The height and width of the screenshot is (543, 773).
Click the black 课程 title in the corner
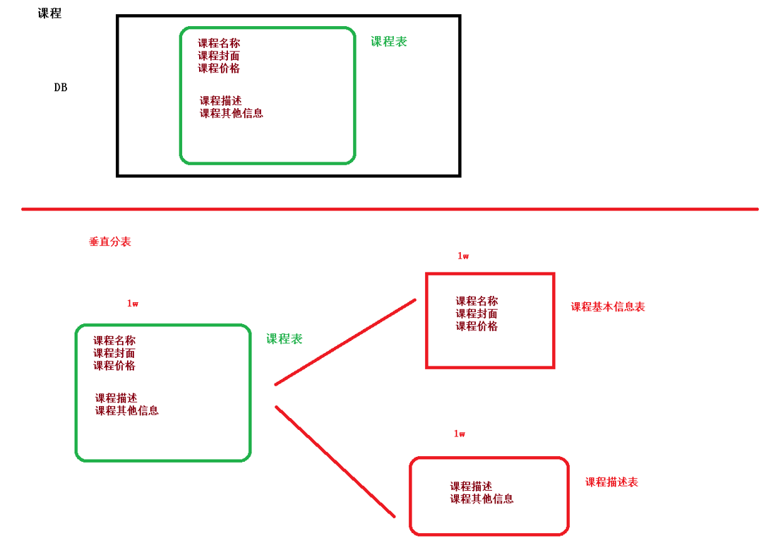(x=49, y=13)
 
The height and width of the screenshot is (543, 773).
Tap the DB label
(x=61, y=88)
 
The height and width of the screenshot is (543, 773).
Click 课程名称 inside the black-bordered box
(x=219, y=43)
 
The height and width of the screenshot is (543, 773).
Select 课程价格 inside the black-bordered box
(x=219, y=68)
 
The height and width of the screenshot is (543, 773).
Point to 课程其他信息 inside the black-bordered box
(x=232, y=113)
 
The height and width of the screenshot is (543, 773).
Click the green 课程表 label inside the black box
(x=389, y=42)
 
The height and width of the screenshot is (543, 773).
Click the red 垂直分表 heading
(x=109, y=241)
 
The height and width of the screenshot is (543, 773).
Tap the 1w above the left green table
(x=133, y=304)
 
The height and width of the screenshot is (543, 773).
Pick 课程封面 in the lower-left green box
(x=114, y=353)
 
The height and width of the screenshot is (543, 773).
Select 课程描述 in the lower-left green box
(x=116, y=398)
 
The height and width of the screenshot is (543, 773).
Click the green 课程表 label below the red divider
(x=284, y=339)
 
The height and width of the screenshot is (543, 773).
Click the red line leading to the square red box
(x=345, y=342)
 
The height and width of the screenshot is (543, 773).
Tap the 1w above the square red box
(x=463, y=256)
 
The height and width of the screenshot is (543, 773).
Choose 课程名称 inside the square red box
(x=477, y=301)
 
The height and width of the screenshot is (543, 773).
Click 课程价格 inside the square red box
(x=477, y=326)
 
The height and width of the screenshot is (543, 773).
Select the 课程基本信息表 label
(x=608, y=307)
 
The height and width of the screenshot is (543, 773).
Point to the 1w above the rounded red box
(x=460, y=434)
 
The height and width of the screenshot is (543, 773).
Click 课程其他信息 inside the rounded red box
(x=481, y=499)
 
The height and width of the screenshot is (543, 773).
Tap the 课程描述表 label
(x=611, y=482)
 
